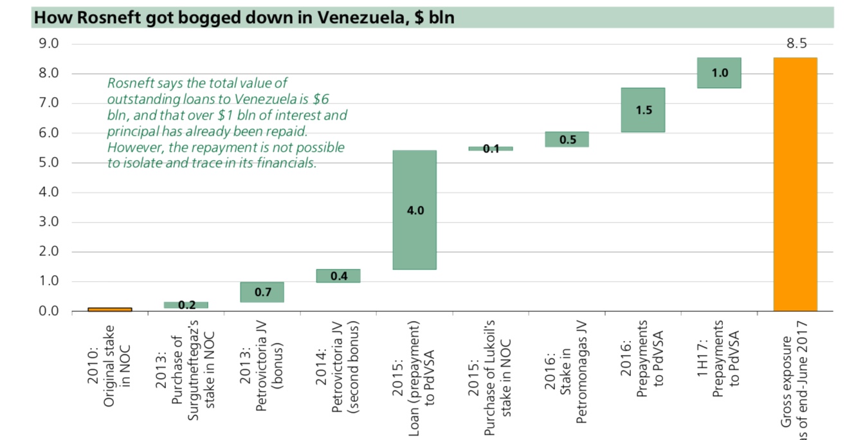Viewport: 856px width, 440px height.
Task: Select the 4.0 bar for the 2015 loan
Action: pos(415,210)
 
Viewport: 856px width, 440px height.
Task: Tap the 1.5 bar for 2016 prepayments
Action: pos(643,110)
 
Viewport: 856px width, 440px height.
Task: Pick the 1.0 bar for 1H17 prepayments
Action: pos(719,73)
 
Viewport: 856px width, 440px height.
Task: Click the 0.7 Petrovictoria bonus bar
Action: pos(262,292)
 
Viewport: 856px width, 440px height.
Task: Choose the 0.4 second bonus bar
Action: pos(338,276)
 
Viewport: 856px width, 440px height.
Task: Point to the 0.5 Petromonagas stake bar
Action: pos(567,140)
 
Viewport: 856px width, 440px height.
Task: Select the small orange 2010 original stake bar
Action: pos(110,309)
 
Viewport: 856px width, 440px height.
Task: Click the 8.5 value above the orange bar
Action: pos(796,44)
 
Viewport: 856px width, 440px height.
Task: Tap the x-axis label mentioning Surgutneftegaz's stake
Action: pos(187,373)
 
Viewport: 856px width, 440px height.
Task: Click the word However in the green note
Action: pos(132,147)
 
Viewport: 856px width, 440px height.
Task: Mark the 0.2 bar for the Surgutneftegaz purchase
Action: pos(187,305)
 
